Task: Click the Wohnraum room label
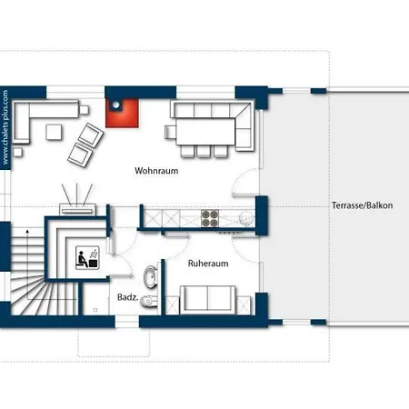pos(156,171)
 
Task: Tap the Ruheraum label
pos(208,264)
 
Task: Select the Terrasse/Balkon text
pos(362,205)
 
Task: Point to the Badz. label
pos(127,297)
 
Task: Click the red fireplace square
pos(123,114)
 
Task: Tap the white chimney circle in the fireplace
pos(115,105)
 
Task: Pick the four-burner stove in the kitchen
pos(210,218)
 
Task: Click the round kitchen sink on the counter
pos(246,218)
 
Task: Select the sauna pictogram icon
pos(87,258)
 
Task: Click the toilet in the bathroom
pos(149,301)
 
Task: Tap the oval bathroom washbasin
pos(151,276)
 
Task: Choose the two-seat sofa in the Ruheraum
pos(208,300)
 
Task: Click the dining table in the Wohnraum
pos(205,132)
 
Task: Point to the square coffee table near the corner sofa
pos(55,132)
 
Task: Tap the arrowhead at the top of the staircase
pos(27,232)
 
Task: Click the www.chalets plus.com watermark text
pos(5,127)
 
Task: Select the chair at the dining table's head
pos(170,132)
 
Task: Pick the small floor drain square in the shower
pos(95,310)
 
